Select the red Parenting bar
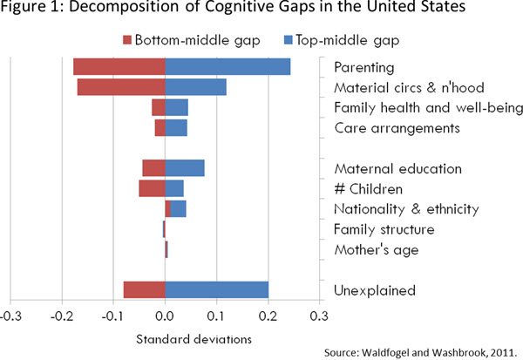(x=119, y=67)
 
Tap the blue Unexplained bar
(x=216, y=289)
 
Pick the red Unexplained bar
(x=144, y=289)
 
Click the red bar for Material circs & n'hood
(x=121, y=87)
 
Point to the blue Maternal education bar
(x=185, y=168)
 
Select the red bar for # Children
(x=152, y=188)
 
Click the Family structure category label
(x=384, y=229)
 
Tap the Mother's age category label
(x=377, y=250)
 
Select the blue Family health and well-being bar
(x=177, y=107)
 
